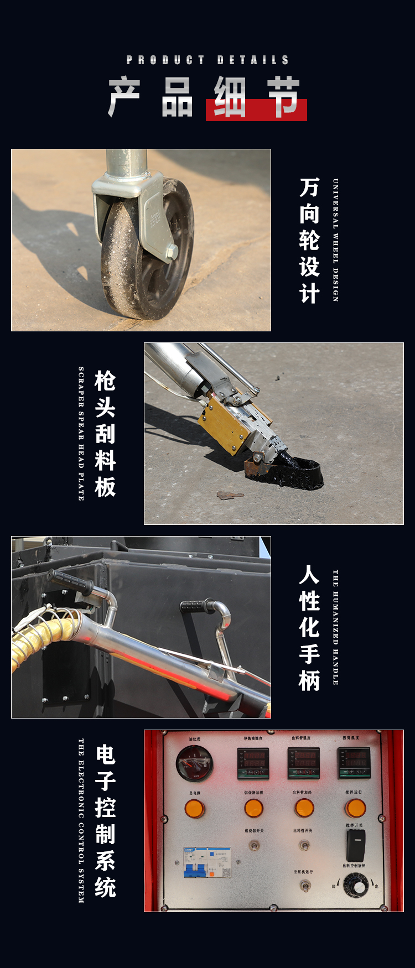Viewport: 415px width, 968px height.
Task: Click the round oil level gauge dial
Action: point(194,763)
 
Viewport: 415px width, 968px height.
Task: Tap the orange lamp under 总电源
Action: point(195,809)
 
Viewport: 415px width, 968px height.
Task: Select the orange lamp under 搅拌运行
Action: point(355,808)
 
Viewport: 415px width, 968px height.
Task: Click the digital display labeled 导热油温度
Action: point(253,763)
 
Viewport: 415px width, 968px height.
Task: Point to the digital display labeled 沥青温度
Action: point(354,762)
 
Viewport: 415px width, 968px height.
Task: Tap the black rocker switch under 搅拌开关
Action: point(355,845)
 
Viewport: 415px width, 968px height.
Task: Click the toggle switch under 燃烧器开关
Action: point(254,845)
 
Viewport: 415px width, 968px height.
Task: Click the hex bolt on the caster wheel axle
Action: point(171,252)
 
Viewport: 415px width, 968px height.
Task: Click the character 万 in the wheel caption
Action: point(309,188)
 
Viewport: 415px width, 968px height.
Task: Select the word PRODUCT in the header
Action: point(165,60)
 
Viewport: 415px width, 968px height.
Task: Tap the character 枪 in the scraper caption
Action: point(105,381)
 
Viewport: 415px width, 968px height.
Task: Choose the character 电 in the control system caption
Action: point(105,755)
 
